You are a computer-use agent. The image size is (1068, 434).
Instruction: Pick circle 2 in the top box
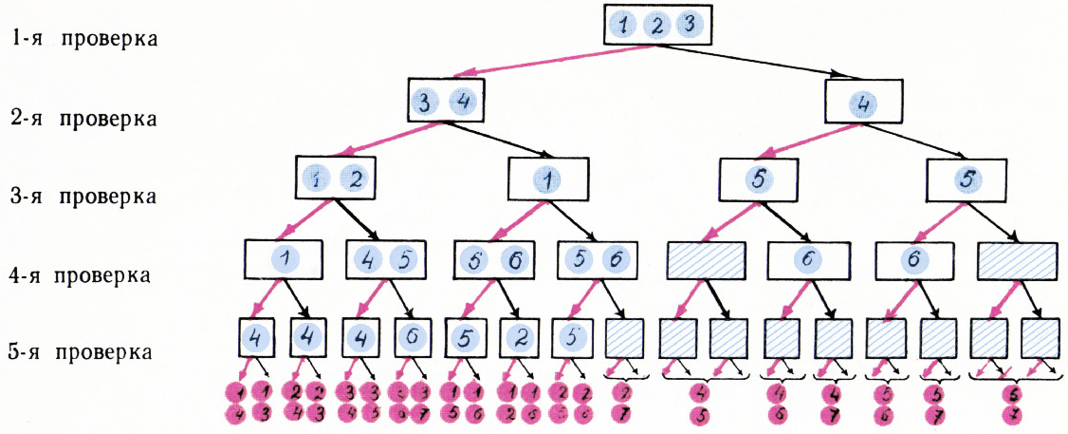coord(654,25)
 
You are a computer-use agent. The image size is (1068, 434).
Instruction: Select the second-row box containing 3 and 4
coord(443,100)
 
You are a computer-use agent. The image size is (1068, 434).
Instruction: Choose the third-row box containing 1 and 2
coord(332,178)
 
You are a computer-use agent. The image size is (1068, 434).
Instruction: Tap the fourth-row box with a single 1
coord(282,258)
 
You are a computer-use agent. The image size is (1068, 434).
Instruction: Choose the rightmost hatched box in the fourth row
coord(1016,258)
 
